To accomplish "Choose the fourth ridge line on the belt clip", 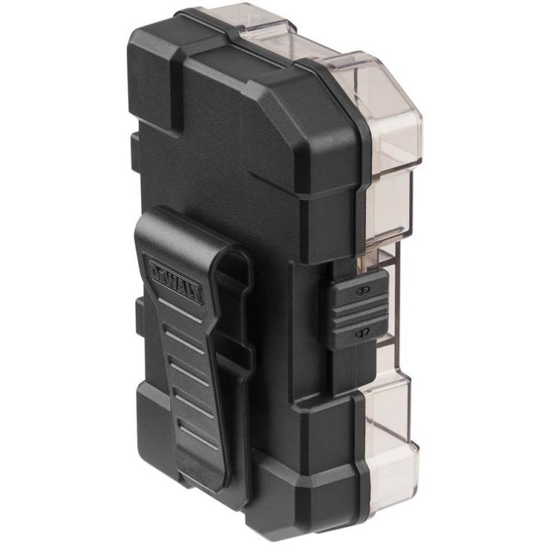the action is pyautogui.click(x=194, y=401).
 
